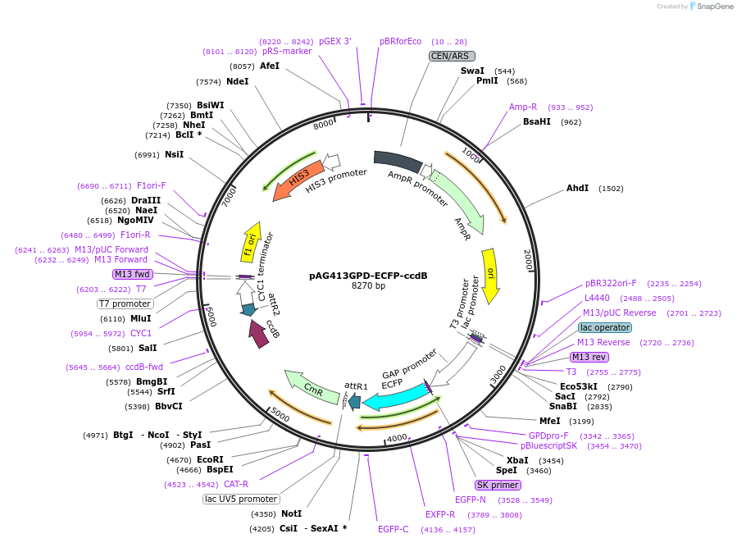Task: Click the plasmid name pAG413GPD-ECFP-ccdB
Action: point(368,276)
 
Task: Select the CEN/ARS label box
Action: point(452,56)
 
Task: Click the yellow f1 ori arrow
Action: point(251,241)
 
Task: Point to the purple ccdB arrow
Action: point(260,334)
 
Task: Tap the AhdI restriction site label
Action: point(577,189)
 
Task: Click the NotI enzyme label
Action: point(291,514)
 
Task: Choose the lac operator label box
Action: point(605,327)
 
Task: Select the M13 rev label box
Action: point(589,357)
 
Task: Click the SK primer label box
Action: point(498,485)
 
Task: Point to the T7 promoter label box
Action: point(125,303)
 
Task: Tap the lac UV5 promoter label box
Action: point(241,499)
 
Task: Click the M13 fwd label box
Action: point(133,274)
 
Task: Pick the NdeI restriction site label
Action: point(237,82)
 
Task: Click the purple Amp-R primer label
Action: point(523,107)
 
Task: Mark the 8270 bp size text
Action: point(368,286)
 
